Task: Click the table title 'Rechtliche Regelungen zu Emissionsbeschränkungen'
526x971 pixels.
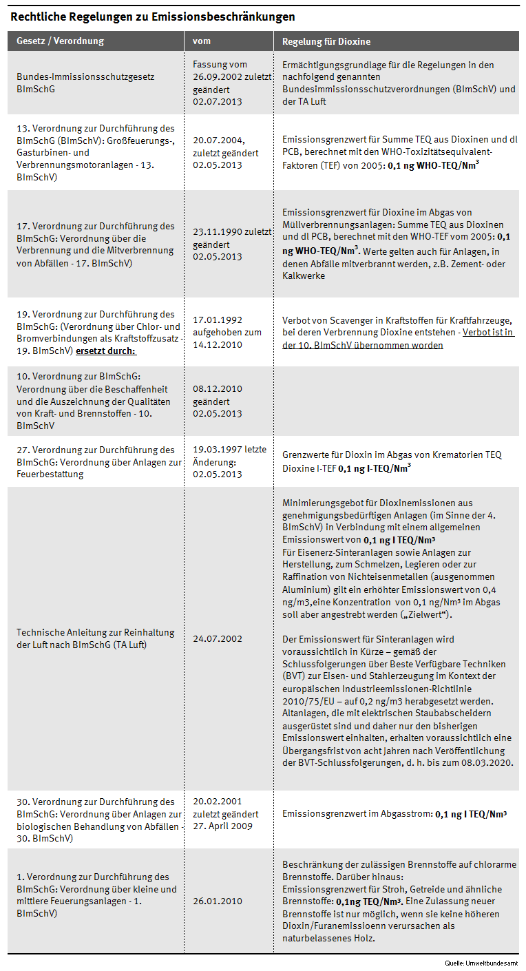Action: pyautogui.click(x=153, y=17)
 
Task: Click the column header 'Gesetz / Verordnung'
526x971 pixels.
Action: pyautogui.click(x=60, y=41)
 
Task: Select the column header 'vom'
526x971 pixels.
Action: pyautogui.click(x=201, y=41)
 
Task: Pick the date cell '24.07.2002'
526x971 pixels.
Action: pyautogui.click(x=218, y=639)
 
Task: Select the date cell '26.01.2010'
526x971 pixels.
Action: pyautogui.click(x=218, y=901)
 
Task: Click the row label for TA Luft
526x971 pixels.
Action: pyautogui.click(x=96, y=638)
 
